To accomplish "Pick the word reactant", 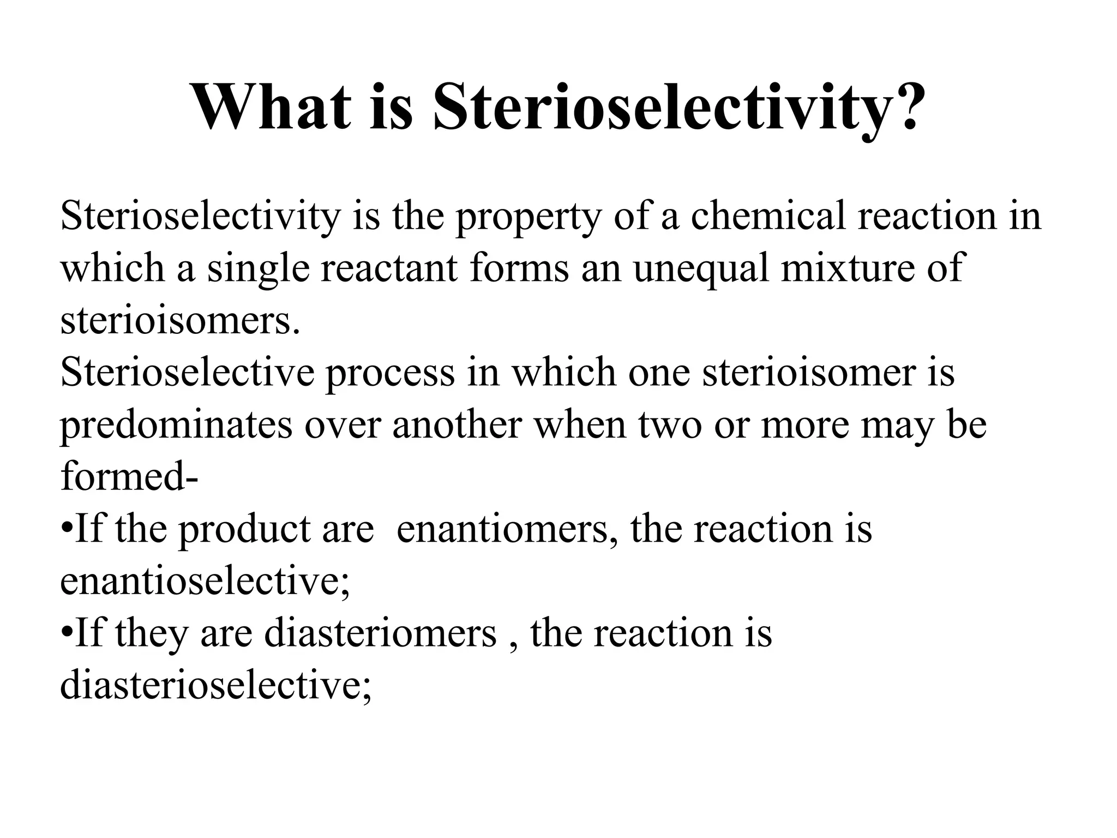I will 388,268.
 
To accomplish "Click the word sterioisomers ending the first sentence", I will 180,321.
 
